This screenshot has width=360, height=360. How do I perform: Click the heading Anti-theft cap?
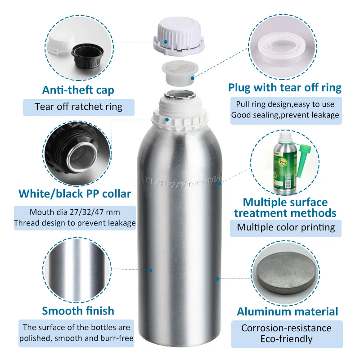point(78,90)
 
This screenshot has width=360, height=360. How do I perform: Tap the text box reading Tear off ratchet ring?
point(78,107)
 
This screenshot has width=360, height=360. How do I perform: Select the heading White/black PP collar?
point(75,194)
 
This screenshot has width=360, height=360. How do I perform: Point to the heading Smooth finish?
point(78,310)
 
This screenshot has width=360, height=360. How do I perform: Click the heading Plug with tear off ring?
point(285,87)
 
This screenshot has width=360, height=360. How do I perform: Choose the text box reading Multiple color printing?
point(286,227)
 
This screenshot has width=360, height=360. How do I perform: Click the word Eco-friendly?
point(286,339)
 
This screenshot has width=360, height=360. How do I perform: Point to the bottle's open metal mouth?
point(179,96)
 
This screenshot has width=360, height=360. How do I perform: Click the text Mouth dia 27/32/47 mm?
point(75,212)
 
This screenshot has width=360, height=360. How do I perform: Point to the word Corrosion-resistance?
point(286,328)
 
